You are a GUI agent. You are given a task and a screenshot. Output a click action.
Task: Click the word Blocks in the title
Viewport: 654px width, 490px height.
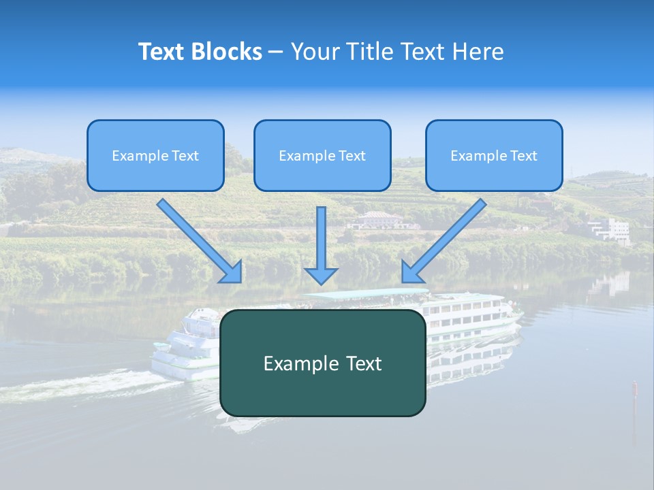[228, 52]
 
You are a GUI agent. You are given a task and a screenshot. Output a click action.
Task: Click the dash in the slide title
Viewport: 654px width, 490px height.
[276, 52]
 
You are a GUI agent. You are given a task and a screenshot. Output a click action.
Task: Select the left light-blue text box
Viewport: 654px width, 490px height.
[155, 156]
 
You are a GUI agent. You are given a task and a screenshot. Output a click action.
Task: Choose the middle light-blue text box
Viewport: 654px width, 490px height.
[322, 156]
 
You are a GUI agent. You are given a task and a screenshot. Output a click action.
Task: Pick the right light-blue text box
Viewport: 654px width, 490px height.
[494, 156]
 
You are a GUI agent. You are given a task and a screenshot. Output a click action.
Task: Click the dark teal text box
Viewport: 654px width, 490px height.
[323, 363]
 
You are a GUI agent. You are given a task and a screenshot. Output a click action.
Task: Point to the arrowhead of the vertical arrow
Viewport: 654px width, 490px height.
[321, 275]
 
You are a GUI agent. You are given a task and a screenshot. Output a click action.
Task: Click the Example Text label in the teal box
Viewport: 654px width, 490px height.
[323, 363]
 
